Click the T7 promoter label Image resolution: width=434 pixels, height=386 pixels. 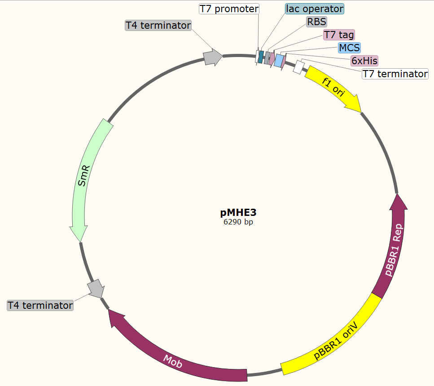click(x=229, y=9)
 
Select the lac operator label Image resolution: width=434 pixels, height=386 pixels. click(x=314, y=9)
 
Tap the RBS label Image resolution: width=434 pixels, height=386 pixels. click(x=317, y=22)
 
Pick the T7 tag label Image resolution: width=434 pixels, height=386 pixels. click(x=339, y=35)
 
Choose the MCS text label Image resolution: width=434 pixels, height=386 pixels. click(x=349, y=48)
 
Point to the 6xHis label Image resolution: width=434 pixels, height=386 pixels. click(x=364, y=61)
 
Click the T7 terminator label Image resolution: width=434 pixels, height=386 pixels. click(x=395, y=74)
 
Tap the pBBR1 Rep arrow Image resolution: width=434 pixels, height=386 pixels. click(x=393, y=247)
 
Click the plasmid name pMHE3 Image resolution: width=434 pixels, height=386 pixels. click(x=238, y=212)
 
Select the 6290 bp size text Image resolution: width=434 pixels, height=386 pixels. click(x=238, y=222)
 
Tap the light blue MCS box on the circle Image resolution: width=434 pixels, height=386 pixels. click(x=280, y=60)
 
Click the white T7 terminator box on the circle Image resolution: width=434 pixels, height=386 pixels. click(x=299, y=67)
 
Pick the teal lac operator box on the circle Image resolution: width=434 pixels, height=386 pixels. click(x=261, y=57)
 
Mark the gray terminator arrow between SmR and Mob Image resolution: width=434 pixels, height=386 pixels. click(x=96, y=289)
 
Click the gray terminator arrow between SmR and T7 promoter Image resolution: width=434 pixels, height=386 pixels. click(x=212, y=57)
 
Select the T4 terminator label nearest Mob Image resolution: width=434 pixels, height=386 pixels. click(x=40, y=306)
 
